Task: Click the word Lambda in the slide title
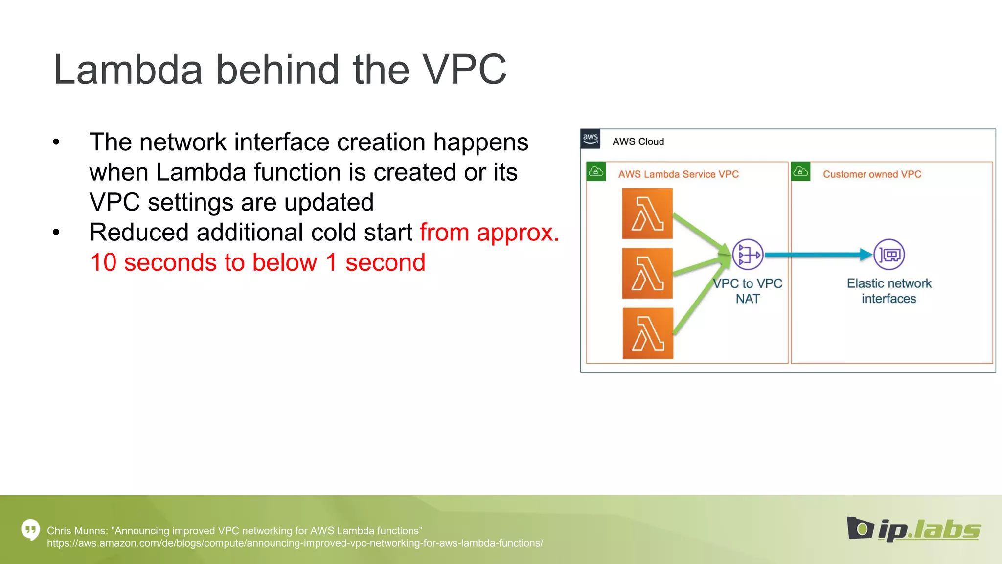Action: click(128, 70)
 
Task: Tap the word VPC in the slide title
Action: click(464, 70)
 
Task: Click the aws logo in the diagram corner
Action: click(591, 139)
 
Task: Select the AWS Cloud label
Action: click(638, 141)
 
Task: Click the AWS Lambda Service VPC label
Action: click(678, 174)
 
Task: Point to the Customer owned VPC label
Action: click(872, 174)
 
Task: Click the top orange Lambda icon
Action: click(647, 214)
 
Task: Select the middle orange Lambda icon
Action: click(647, 273)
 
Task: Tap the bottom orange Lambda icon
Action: click(648, 333)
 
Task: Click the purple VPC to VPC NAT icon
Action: click(748, 255)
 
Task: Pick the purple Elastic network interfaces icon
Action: click(889, 255)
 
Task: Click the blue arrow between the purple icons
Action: click(817, 255)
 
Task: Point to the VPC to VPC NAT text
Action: click(748, 291)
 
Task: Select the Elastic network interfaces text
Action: click(889, 291)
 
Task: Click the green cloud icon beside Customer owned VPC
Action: click(800, 171)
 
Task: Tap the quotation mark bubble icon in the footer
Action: click(30, 529)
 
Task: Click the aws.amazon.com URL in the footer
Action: click(295, 543)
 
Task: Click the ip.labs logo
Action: click(913, 529)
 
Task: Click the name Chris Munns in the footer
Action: click(76, 531)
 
